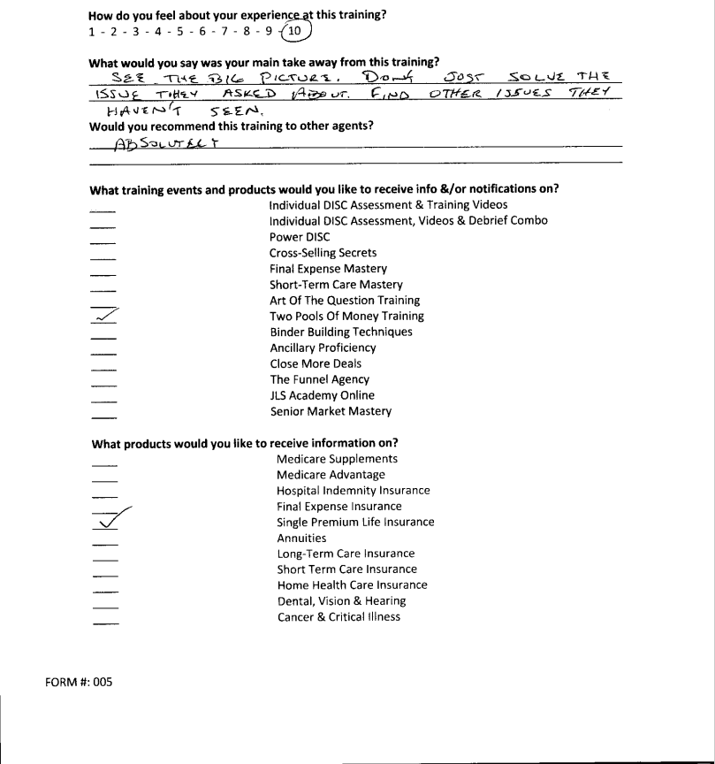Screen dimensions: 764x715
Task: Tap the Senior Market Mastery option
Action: (331, 411)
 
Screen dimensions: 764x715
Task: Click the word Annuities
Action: (301, 538)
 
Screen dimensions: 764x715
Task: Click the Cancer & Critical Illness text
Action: (338, 616)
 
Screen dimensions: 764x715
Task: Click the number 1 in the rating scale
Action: (93, 33)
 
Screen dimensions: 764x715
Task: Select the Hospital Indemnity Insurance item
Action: (353, 491)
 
